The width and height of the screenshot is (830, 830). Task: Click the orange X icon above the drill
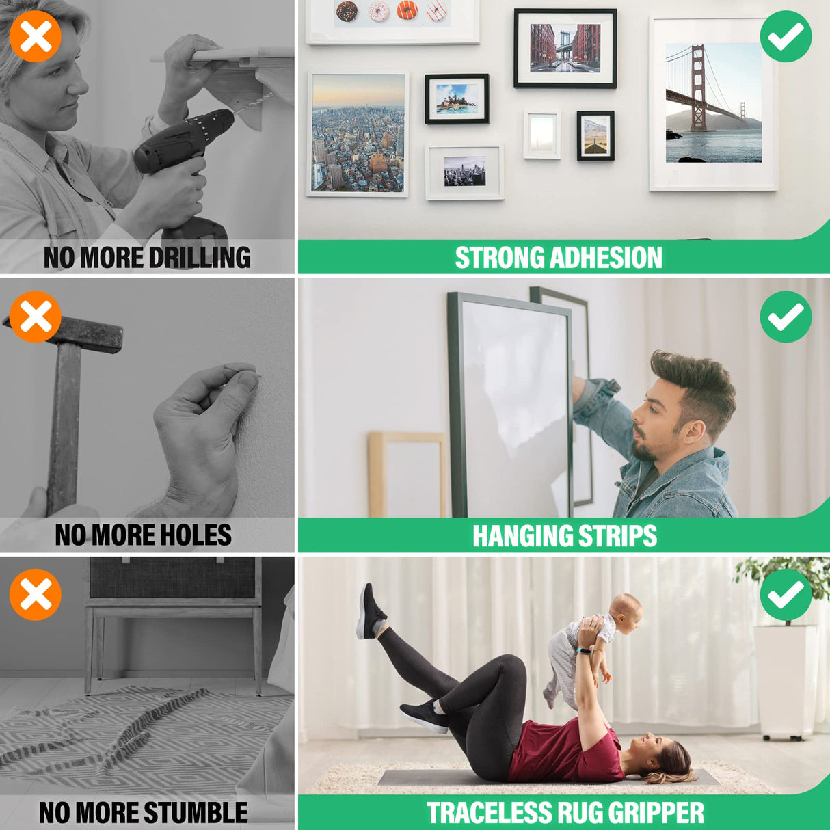coord(36,36)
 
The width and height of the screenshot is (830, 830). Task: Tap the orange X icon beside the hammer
coord(36,317)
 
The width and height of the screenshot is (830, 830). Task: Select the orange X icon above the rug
coord(36,594)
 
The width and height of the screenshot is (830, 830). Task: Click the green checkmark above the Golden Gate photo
coord(786,36)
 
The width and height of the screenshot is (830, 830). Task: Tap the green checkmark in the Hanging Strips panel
coord(786,317)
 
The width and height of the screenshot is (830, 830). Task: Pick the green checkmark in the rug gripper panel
coord(786,594)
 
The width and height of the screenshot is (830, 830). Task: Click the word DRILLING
coord(200,258)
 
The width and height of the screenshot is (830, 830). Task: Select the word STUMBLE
coord(196,812)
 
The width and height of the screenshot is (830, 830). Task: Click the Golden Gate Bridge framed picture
coord(713,104)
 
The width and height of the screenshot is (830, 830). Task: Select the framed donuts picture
coord(392,21)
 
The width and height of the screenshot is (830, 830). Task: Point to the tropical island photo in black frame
coord(457,98)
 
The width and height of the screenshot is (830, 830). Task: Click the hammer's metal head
coord(64,333)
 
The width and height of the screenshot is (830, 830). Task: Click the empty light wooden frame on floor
coord(407,474)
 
